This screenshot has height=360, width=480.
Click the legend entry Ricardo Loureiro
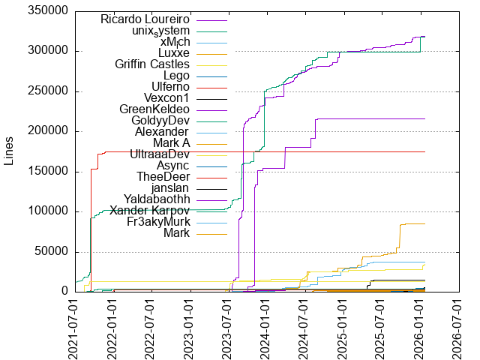147,19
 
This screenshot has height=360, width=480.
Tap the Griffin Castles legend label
153,64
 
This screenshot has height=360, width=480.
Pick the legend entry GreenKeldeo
154,109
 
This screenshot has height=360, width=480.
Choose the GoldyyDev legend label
160,121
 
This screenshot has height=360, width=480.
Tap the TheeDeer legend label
163,177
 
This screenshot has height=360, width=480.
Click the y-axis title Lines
10,151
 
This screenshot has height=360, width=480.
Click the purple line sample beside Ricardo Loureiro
211,19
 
